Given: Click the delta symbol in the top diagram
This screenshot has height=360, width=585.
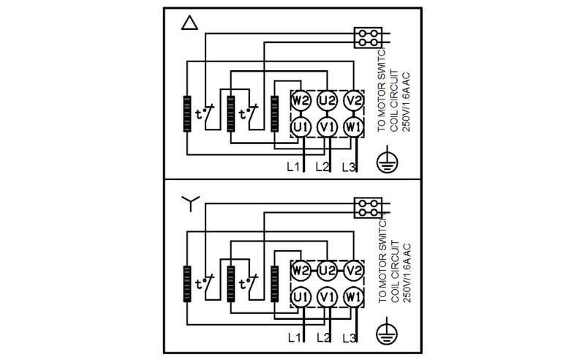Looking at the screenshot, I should [x=189, y=23].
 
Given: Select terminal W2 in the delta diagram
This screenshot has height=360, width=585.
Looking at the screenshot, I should [x=300, y=100].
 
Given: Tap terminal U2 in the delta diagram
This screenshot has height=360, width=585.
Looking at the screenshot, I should [x=327, y=100].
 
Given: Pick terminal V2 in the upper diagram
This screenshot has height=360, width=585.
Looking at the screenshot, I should [x=354, y=100].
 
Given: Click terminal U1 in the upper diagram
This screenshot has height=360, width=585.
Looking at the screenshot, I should [x=300, y=127].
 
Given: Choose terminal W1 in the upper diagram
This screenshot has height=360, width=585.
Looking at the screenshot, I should [x=354, y=127].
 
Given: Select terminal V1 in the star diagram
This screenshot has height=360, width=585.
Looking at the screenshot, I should [x=327, y=297].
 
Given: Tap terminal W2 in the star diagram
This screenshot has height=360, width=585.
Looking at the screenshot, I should [x=300, y=270].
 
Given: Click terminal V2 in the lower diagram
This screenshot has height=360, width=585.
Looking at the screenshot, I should [x=354, y=270].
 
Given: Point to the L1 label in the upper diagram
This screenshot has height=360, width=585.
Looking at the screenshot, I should [x=293, y=167].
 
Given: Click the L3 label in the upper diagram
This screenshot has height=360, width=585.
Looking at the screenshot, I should [x=349, y=167].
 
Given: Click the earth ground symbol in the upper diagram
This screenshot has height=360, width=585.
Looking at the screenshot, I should [x=386, y=161].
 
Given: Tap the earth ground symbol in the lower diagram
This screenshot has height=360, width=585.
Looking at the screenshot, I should [x=386, y=334].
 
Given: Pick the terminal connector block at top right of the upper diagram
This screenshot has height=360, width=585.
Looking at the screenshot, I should [x=368, y=38].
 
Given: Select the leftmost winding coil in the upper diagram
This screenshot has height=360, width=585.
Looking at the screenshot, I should [x=187, y=114].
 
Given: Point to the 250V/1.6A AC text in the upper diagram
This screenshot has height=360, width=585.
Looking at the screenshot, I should [x=406, y=100].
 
